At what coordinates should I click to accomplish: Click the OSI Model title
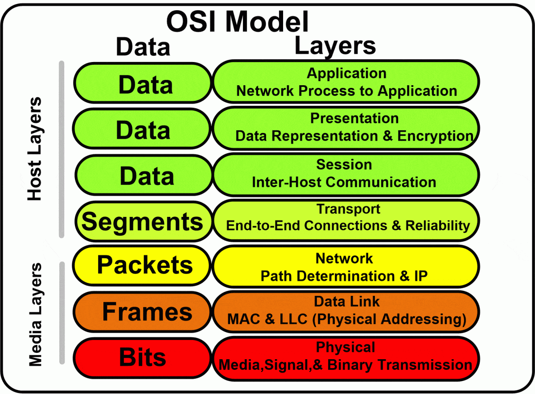click(237, 21)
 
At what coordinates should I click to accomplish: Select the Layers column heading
click(335, 46)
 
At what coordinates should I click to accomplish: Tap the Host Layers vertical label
click(34, 149)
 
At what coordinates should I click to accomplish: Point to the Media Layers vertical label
click(35, 315)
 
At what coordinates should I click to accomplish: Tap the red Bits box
click(143, 357)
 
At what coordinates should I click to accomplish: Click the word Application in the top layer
click(346, 73)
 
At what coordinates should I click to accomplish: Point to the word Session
click(344, 164)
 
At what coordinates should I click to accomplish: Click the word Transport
click(348, 209)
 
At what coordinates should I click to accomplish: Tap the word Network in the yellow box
click(344, 258)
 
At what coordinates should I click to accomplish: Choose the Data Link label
click(346, 301)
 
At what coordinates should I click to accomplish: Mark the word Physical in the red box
click(346, 347)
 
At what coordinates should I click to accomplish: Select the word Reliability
click(437, 225)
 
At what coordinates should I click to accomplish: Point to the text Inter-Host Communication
click(344, 182)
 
